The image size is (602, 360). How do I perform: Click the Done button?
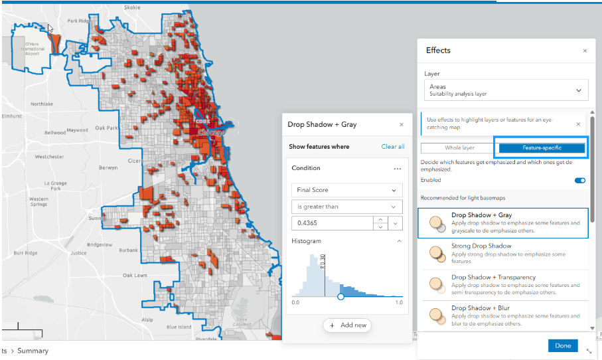tap(563, 345)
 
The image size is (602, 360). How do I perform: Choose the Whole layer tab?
tap(459, 147)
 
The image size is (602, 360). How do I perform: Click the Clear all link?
tap(392, 147)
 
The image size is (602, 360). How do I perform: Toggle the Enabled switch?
tap(580, 180)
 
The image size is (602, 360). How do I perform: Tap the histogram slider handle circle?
tap(340, 297)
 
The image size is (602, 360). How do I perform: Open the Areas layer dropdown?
tap(506, 90)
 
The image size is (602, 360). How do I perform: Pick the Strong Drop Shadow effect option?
tap(504, 254)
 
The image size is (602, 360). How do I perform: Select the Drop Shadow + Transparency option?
tap(504, 285)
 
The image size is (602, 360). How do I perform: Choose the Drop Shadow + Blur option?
tap(504, 315)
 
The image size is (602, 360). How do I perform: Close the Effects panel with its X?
tap(585, 50)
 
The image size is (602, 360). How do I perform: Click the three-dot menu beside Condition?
tap(397, 169)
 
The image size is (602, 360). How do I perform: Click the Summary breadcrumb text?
tap(33, 351)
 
